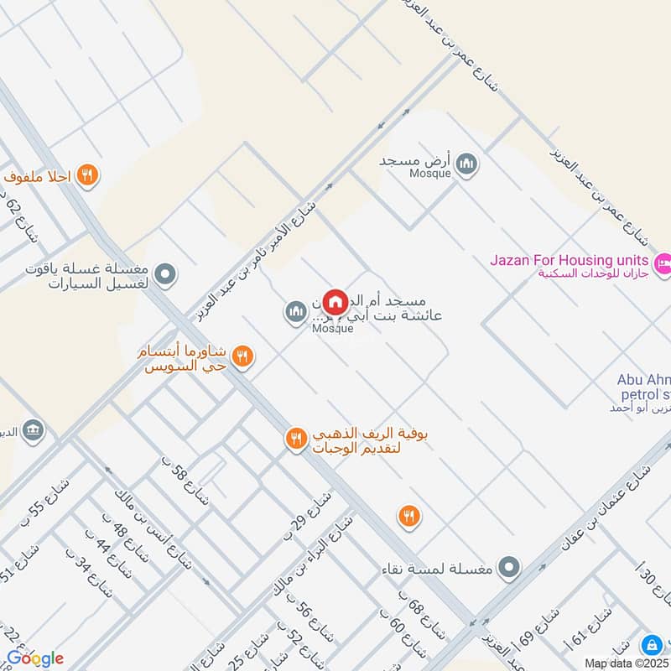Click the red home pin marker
(x=335, y=301)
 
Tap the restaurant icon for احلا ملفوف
(x=87, y=175)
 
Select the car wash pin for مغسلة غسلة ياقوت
(x=166, y=273)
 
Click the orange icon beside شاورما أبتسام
(x=242, y=356)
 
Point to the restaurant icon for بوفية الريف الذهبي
(x=295, y=439)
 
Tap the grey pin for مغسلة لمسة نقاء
(x=508, y=569)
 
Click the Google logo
(x=35, y=658)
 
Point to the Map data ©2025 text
(x=627, y=663)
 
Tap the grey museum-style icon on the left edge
(x=34, y=430)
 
